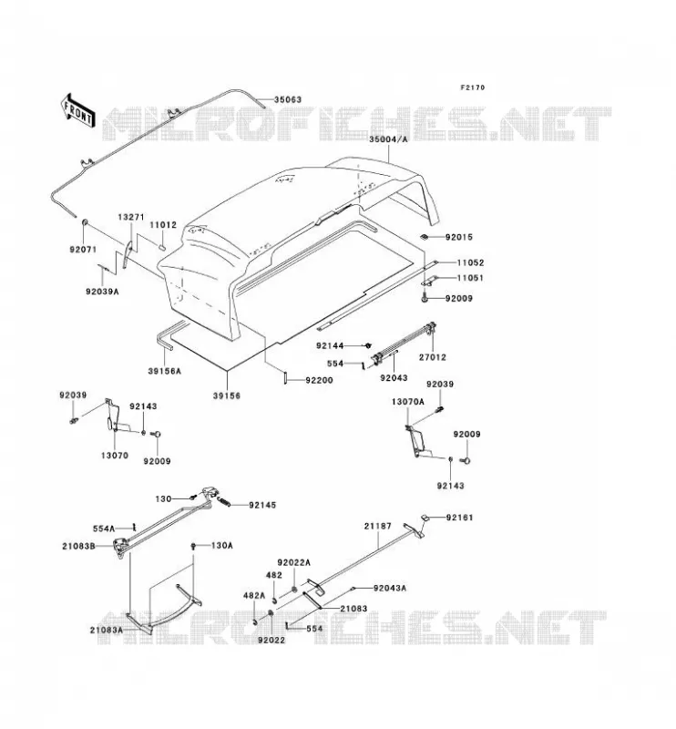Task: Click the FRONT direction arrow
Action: (x=78, y=110)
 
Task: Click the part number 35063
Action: (x=287, y=99)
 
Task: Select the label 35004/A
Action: (x=388, y=139)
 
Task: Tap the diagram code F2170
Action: (x=472, y=87)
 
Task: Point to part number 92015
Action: (x=459, y=237)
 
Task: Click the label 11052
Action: (x=470, y=262)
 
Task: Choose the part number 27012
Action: (x=433, y=357)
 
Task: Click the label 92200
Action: (x=320, y=380)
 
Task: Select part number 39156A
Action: (x=165, y=371)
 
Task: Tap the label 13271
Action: (x=131, y=217)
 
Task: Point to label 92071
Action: (x=83, y=250)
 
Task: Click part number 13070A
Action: (x=408, y=402)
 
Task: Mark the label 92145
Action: (x=262, y=505)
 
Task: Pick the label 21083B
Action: (x=79, y=546)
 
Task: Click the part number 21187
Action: (x=377, y=526)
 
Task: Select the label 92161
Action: (x=459, y=518)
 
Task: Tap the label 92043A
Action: (x=390, y=588)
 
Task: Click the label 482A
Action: (x=254, y=596)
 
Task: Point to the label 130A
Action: (x=221, y=545)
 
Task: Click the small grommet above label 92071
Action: (x=85, y=222)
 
